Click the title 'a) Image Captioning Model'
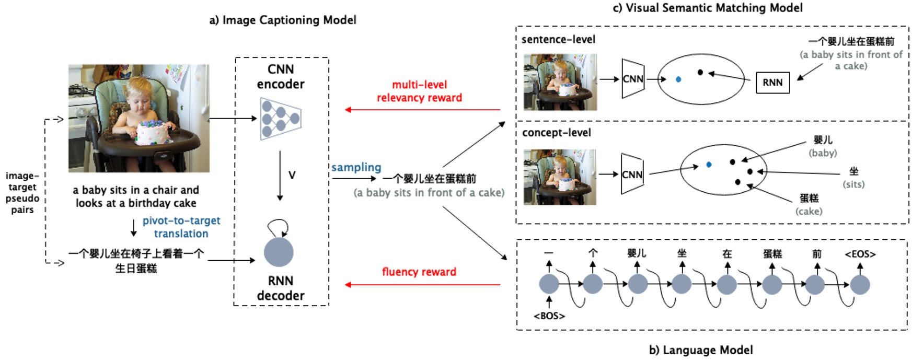pyautogui.click(x=283, y=20)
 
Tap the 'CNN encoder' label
pyautogui.click(x=281, y=77)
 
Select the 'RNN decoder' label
pyautogui.click(x=281, y=288)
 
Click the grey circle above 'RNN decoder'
pyautogui.click(x=279, y=252)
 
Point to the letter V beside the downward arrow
pyautogui.click(x=292, y=175)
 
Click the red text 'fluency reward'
pyautogui.click(x=419, y=272)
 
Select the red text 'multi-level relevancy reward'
pyautogui.click(x=419, y=91)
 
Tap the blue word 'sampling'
pyautogui.click(x=356, y=167)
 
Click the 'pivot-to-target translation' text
pyautogui.click(x=181, y=227)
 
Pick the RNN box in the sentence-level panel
pyautogui.click(x=772, y=83)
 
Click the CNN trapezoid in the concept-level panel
pyautogui.click(x=632, y=175)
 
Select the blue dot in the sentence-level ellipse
pyautogui.click(x=678, y=79)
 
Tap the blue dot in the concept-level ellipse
pyautogui.click(x=709, y=165)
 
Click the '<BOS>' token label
pyautogui.click(x=549, y=316)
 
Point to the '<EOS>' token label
pyautogui.click(x=860, y=254)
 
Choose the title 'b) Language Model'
pyautogui.click(x=701, y=350)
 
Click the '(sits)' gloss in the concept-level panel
pyautogui.click(x=853, y=184)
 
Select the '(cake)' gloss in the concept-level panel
pyautogui.click(x=809, y=211)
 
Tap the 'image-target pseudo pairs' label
pyautogui.click(x=22, y=193)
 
